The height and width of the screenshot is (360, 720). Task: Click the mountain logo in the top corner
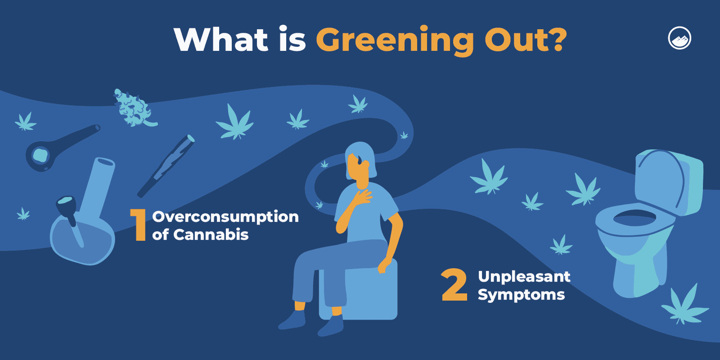click(x=679, y=38)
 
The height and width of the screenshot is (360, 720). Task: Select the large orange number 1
click(x=139, y=225)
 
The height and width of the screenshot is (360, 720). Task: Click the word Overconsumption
click(x=225, y=217)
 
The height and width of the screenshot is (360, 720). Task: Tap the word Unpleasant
click(x=524, y=276)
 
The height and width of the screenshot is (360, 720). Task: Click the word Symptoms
click(x=521, y=295)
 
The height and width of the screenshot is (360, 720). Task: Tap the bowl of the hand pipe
click(x=40, y=156)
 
